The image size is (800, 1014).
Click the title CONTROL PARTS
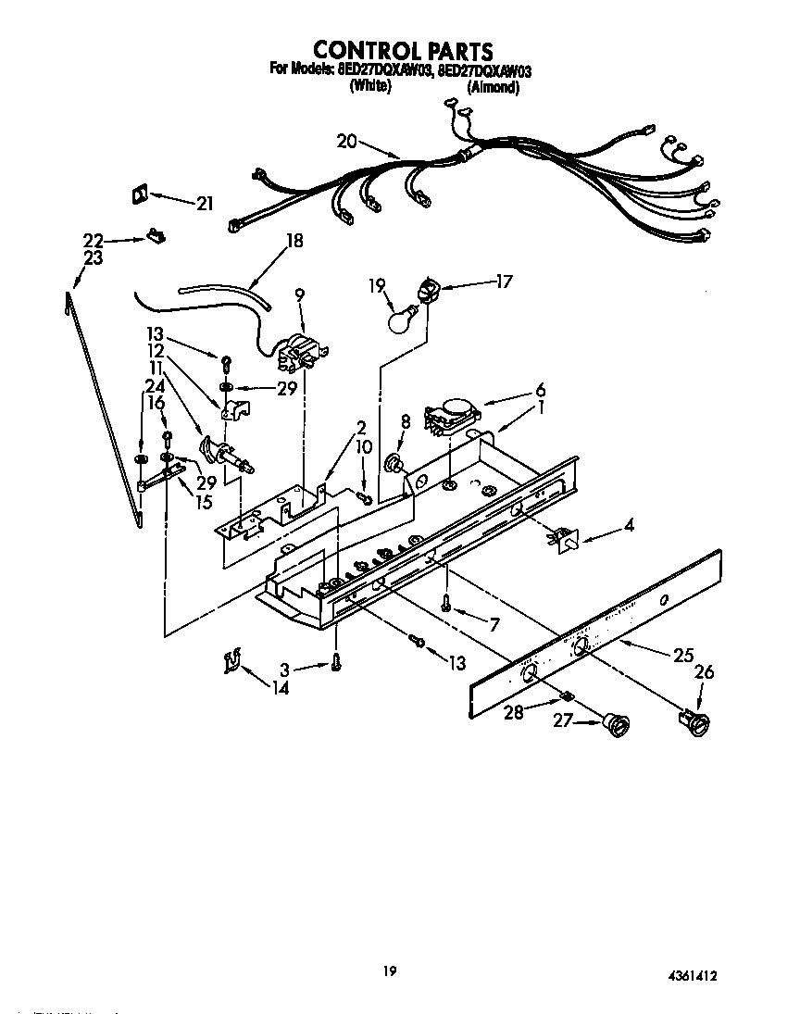point(400,50)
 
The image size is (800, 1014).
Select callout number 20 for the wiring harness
point(346,142)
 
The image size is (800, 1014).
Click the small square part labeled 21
point(139,194)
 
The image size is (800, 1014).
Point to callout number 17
point(505,282)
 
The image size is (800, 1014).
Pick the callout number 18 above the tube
point(294,241)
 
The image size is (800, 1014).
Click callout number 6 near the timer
point(540,390)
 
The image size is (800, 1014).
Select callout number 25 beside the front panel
point(683,655)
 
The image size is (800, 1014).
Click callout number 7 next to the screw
point(494,625)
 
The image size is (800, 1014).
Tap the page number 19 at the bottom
point(390,971)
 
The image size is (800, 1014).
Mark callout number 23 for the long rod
point(94,258)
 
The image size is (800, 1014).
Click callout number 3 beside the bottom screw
point(285,669)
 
